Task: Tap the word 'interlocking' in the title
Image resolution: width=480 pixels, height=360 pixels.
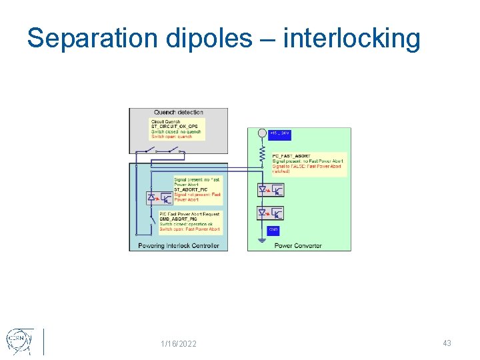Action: click(x=351, y=39)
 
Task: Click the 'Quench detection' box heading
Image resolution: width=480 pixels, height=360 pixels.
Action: click(x=179, y=113)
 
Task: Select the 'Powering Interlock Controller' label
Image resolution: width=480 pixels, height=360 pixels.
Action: click(x=179, y=245)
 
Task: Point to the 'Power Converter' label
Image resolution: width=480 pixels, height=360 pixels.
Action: click(x=298, y=245)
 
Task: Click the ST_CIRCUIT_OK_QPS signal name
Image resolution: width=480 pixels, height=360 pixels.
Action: click(x=175, y=127)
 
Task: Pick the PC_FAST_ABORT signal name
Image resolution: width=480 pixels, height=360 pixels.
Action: click(x=291, y=156)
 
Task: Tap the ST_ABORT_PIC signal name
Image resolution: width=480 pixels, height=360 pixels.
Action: click(x=191, y=189)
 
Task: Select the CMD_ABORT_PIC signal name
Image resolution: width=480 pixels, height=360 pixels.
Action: click(x=179, y=219)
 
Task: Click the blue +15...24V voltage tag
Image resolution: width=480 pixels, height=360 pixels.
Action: click(x=280, y=133)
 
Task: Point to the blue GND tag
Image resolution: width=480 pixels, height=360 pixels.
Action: click(x=273, y=230)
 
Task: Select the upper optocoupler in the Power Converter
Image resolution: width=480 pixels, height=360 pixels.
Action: click(x=271, y=191)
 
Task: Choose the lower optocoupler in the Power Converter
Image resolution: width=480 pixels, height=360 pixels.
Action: click(x=271, y=213)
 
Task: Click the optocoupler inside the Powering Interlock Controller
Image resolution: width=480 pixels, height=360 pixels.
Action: click(x=159, y=198)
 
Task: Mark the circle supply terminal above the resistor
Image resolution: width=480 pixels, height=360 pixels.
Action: click(x=262, y=134)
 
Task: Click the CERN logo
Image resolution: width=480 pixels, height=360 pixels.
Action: click(x=19, y=341)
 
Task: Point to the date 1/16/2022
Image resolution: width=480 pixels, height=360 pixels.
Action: click(x=179, y=343)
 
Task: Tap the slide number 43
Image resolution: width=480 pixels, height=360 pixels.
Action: click(x=447, y=343)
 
